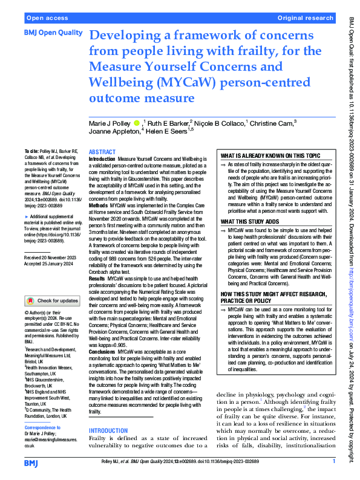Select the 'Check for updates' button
click(52, 300)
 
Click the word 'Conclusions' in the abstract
click(102, 351)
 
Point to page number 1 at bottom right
click(333, 462)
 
